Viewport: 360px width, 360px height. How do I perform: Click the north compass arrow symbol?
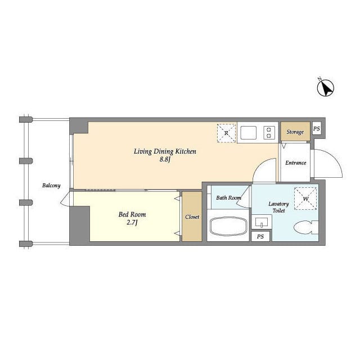click(325, 88)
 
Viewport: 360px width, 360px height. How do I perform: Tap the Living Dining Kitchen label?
click(164, 151)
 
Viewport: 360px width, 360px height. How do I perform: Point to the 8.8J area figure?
click(165, 160)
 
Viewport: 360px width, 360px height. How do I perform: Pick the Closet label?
click(192, 217)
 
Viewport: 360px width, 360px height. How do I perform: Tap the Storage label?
click(295, 132)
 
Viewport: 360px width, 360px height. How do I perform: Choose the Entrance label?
click(295, 163)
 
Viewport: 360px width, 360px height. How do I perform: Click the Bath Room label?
click(228, 197)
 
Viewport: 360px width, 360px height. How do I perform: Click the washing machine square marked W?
click(305, 199)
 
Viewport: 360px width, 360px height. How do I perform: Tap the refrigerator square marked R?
click(226, 133)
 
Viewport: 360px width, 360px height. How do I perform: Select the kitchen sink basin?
click(249, 133)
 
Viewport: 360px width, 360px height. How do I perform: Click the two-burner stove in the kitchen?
click(269, 133)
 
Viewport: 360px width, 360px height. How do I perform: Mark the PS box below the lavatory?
click(260, 237)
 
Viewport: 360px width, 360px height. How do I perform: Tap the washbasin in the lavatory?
click(262, 222)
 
